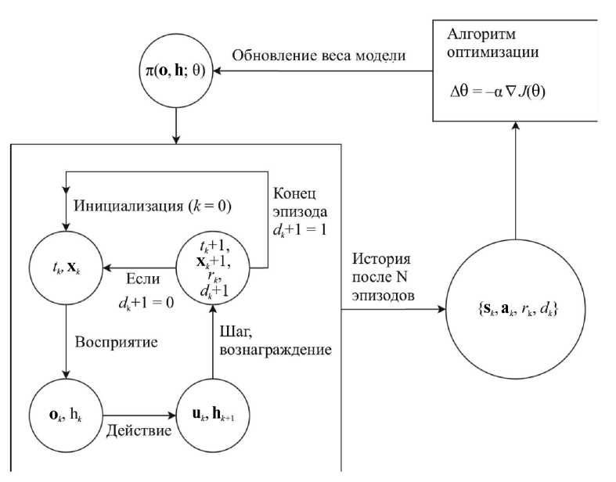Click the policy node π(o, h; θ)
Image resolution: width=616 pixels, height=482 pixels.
177,70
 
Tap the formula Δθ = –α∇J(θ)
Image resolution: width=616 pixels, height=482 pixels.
497,91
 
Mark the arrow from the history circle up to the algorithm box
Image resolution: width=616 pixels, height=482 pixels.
515,179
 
